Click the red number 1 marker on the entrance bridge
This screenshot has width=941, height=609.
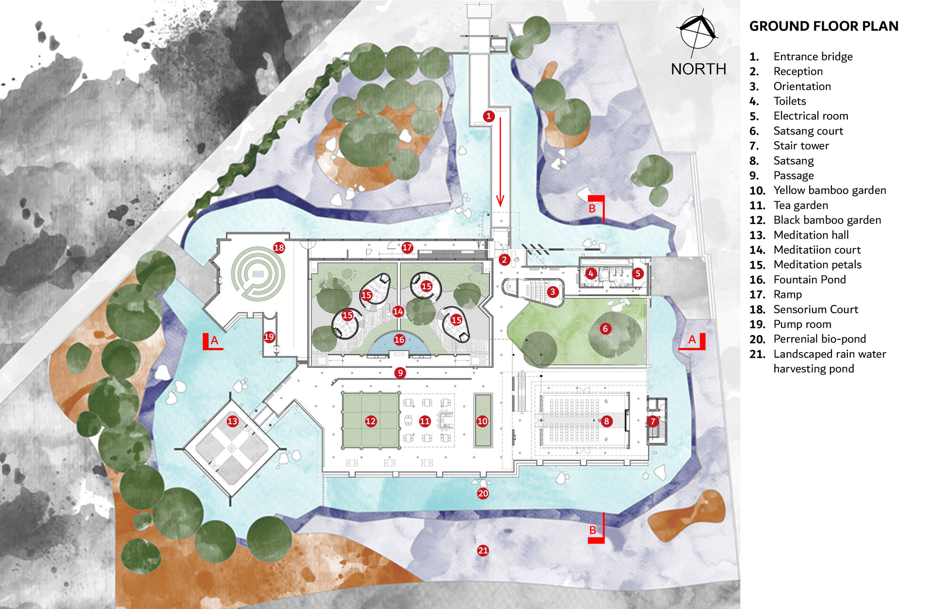pyautogui.click(x=489, y=116)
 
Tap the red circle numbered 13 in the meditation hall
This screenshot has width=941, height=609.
pyautogui.click(x=232, y=421)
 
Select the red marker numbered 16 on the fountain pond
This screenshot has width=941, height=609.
pyautogui.click(x=399, y=339)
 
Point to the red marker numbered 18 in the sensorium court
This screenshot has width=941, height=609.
pyautogui.click(x=279, y=248)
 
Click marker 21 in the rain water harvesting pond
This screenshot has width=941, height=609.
pyautogui.click(x=483, y=550)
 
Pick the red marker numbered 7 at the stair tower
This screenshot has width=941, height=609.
pyautogui.click(x=653, y=421)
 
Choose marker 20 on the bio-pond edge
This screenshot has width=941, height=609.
pyautogui.click(x=483, y=493)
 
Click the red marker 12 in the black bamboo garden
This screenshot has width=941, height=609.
pyautogui.click(x=371, y=421)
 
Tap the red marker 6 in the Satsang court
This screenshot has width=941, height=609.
pyautogui.click(x=606, y=329)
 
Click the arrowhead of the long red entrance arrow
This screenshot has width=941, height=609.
pyautogui.click(x=500, y=201)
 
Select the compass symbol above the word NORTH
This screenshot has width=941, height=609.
pyautogui.click(x=698, y=31)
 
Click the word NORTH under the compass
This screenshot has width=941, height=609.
pyautogui.click(x=699, y=69)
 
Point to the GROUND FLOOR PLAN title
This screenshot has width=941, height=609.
pyautogui.click(x=824, y=26)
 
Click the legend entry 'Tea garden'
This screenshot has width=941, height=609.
pyautogui.click(x=801, y=205)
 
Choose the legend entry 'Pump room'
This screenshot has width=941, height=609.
pyautogui.click(x=802, y=324)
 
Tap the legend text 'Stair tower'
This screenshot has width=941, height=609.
pyautogui.click(x=801, y=146)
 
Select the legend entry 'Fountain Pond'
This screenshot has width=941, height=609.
pyautogui.click(x=810, y=280)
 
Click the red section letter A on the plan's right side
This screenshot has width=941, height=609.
pyautogui.click(x=692, y=339)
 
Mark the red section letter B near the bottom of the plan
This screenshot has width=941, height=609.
pyautogui.click(x=593, y=530)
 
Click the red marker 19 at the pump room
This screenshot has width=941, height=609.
pyautogui.click(x=269, y=337)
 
